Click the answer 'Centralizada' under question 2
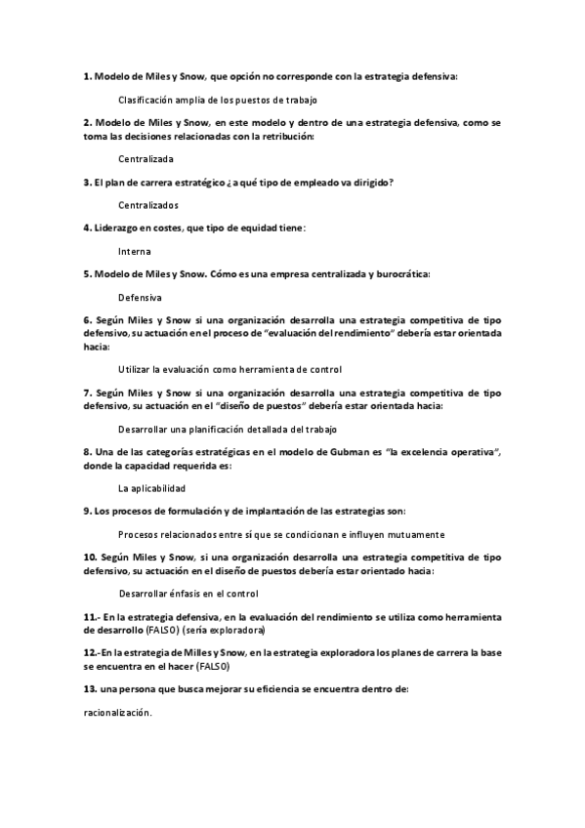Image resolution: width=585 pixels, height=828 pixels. coord(146,158)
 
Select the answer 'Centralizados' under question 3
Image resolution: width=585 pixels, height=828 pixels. coord(148,205)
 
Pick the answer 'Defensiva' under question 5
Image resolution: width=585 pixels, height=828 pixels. coord(140,297)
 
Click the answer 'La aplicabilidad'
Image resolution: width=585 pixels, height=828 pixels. coord(151,487)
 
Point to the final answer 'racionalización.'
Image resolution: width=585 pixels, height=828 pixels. coord(118,713)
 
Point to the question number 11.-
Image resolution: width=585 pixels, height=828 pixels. coord(92,617)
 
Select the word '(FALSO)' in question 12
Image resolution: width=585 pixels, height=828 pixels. coord(212,666)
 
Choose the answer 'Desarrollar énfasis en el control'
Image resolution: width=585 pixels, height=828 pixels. coord(188,594)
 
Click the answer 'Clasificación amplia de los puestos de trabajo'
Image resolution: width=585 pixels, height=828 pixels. coord(217,100)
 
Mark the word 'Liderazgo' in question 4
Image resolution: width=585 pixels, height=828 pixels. coord(119,228)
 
